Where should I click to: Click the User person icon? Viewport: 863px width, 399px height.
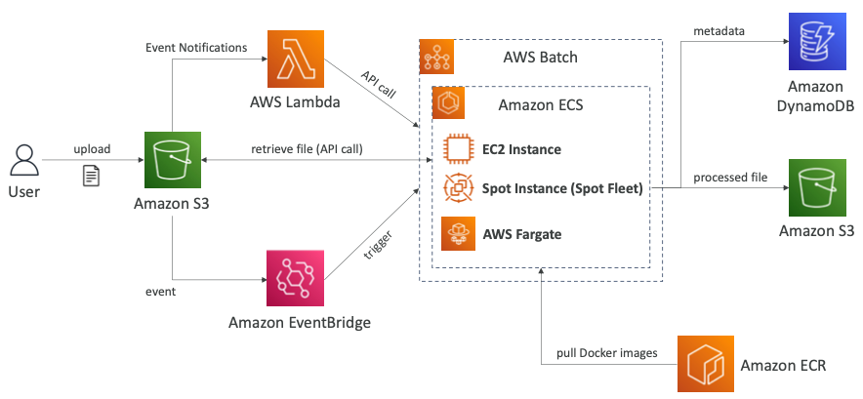coord(25,159)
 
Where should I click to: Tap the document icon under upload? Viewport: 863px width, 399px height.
coord(90,176)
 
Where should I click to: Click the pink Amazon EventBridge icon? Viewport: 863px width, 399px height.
coord(294,277)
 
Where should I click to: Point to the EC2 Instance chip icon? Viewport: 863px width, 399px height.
coord(458,149)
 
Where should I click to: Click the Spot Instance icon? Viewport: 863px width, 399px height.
coord(458,188)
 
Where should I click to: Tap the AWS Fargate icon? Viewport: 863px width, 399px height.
coord(458,233)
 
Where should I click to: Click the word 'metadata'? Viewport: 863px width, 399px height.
coord(719,31)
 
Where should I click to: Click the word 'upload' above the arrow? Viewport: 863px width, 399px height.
coord(92,149)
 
